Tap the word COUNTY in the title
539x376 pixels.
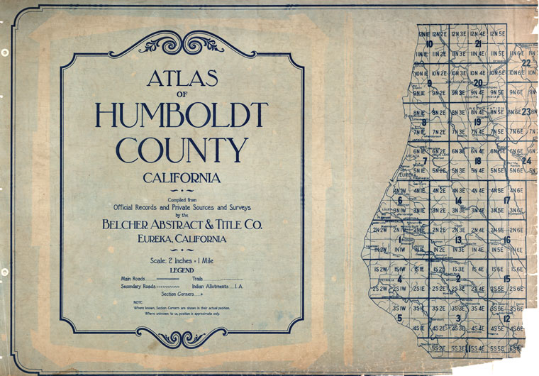coord(182,150)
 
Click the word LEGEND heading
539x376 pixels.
coord(182,270)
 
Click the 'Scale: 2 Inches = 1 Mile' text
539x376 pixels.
coord(182,261)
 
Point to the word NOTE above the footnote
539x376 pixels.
coord(138,302)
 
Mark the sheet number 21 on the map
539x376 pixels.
coord(479,44)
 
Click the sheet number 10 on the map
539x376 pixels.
coord(430,44)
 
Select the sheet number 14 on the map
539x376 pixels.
coord(459,201)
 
